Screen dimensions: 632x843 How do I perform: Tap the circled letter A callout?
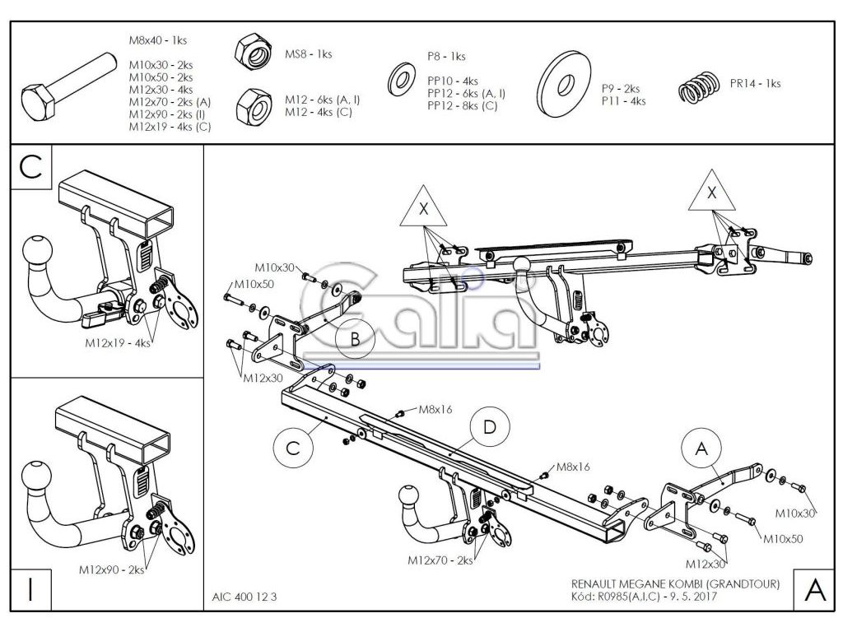click(x=701, y=448)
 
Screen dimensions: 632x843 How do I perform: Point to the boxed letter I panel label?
click(x=30, y=590)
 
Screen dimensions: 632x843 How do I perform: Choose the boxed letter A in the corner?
click(x=813, y=590)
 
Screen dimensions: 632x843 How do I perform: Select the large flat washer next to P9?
click(x=566, y=84)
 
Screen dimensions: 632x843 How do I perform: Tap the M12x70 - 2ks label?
click(x=440, y=560)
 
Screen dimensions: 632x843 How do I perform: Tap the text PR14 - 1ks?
click(x=754, y=83)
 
